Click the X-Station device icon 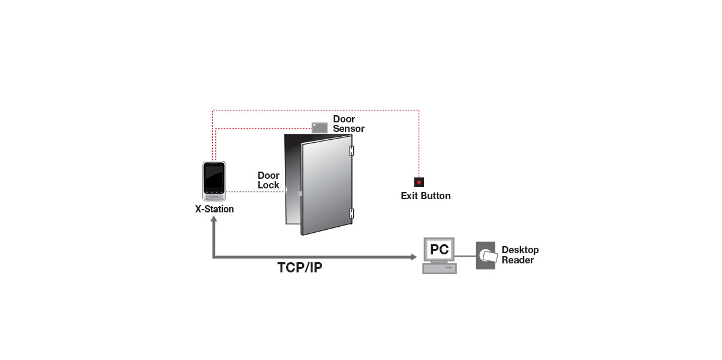tap(214, 181)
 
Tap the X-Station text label tap(214, 209)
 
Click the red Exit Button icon tap(419, 182)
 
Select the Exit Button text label tap(426, 196)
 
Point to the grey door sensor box tap(320, 127)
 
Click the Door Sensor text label tap(348, 124)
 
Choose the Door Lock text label tap(269, 180)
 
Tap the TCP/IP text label tap(300, 268)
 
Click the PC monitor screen tap(439, 250)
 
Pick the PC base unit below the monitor tap(440, 269)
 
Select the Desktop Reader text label tap(520, 255)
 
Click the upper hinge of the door tap(351, 151)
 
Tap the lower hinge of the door tap(351, 213)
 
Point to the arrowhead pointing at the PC tap(414, 257)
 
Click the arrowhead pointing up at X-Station tap(213, 219)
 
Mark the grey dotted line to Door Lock tap(255, 192)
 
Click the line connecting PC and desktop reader tap(465, 256)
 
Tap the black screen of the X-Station tap(214, 177)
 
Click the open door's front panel tap(326, 185)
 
